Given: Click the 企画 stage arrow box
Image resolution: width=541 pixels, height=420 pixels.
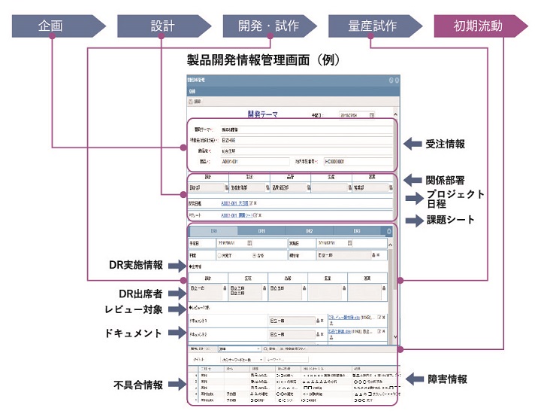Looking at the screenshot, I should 52,26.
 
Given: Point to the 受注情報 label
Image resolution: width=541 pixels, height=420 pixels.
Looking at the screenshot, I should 446,143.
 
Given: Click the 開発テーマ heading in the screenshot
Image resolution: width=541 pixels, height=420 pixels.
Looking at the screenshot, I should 261,115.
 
